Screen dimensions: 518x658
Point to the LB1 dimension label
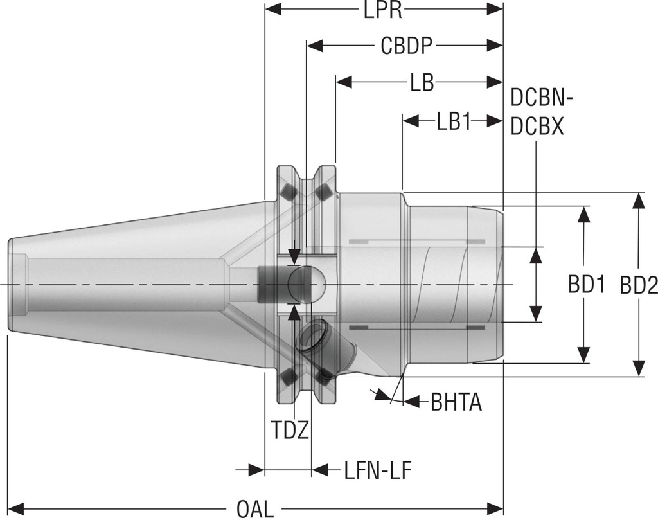tap(454, 121)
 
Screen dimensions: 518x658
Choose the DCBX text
tap(537, 127)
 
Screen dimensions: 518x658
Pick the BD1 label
tap(586, 285)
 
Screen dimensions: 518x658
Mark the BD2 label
tap(639, 285)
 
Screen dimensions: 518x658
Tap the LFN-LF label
tap(377, 470)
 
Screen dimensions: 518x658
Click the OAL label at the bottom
tap(255, 508)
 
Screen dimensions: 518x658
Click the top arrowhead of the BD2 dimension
tap(639, 200)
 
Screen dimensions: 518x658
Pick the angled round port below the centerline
tap(310, 337)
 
